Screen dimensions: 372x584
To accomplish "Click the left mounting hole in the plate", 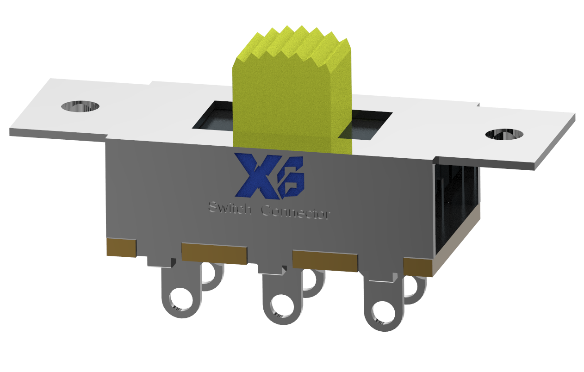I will tap(81, 106).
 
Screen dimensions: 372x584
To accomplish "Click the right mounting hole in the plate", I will tap(505, 134).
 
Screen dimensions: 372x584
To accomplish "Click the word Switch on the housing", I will tap(230, 208).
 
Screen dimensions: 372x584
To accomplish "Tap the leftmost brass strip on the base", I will tap(121, 248).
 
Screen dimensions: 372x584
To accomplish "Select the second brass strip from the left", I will tap(214, 253).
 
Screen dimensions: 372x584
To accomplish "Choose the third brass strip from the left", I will tap(324, 260).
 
